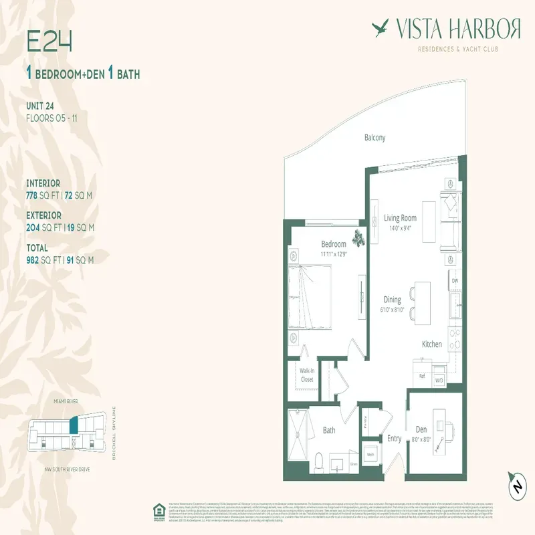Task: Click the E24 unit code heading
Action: tap(49, 41)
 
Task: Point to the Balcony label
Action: tap(374, 138)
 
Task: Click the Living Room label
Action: tap(400, 218)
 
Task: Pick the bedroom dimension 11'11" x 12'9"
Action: tap(334, 254)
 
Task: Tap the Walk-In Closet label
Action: tap(306, 375)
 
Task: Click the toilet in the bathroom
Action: tap(320, 461)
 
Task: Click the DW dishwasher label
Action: tap(455, 281)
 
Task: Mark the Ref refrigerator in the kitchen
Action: tap(422, 376)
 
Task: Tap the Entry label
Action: tap(395, 439)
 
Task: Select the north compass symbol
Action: tap(516, 486)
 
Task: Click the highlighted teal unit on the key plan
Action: tap(74, 425)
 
